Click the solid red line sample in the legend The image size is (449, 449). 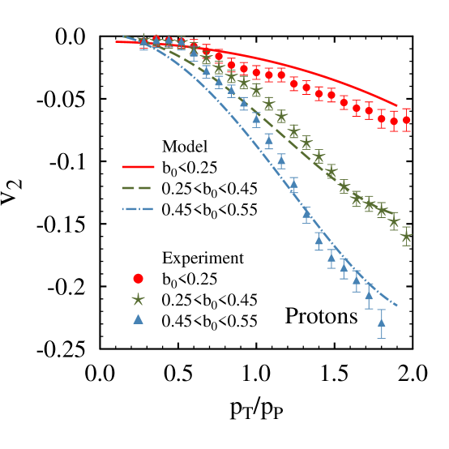tap(138, 167)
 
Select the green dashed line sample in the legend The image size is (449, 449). tap(136, 188)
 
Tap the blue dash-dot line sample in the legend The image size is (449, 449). tap(138, 209)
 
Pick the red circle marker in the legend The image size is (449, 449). tap(138, 279)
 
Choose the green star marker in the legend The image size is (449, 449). tap(138, 299)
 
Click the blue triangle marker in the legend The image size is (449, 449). tap(138, 319)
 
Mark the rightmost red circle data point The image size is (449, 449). tap(406, 120)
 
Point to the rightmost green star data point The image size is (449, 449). tap(406, 237)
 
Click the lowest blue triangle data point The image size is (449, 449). tap(381, 322)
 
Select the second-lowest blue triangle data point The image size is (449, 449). tap(369, 294)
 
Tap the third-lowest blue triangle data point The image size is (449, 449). tap(357, 279)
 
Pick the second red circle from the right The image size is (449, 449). tap(394, 122)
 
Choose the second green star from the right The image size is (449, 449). tap(394, 220)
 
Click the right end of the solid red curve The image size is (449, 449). tap(397, 105)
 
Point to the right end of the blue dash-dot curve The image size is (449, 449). tap(397, 306)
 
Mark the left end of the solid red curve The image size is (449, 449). tap(116, 41)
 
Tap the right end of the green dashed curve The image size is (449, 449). tap(397, 216)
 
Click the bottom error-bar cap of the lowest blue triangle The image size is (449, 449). tap(381, 338)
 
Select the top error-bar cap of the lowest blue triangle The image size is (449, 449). tap(381, 309)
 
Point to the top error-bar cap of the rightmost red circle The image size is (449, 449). tap(406, 109)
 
